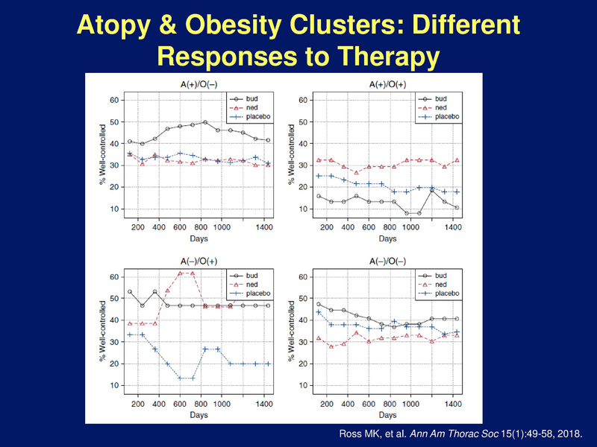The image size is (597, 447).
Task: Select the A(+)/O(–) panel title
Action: point(199,84)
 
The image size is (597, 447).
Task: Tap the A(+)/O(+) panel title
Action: point(387,84)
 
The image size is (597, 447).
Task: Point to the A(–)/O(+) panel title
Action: point(199,261)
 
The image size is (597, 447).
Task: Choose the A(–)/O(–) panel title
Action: point(387,261)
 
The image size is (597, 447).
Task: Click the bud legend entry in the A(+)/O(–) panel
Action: point(244,99)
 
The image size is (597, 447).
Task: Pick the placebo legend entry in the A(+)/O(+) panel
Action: point(439,116)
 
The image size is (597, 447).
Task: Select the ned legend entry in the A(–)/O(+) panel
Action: point(244,285)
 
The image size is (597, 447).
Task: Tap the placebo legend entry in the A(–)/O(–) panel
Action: point(439,293)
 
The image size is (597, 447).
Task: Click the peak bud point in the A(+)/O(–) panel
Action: point(205,122)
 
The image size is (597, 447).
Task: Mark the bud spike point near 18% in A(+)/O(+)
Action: point(432,191)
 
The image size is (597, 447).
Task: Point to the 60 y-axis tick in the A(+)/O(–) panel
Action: point(114,101)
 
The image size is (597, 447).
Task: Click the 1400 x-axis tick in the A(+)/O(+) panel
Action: point(453,227)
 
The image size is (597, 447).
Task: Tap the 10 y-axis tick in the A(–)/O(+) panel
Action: point(114,385)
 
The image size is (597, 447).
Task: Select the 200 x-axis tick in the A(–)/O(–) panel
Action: point(327,404)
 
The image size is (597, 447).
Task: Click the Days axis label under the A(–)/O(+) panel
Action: point(199,415)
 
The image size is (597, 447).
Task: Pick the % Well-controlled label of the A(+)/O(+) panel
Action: point(292,154)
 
